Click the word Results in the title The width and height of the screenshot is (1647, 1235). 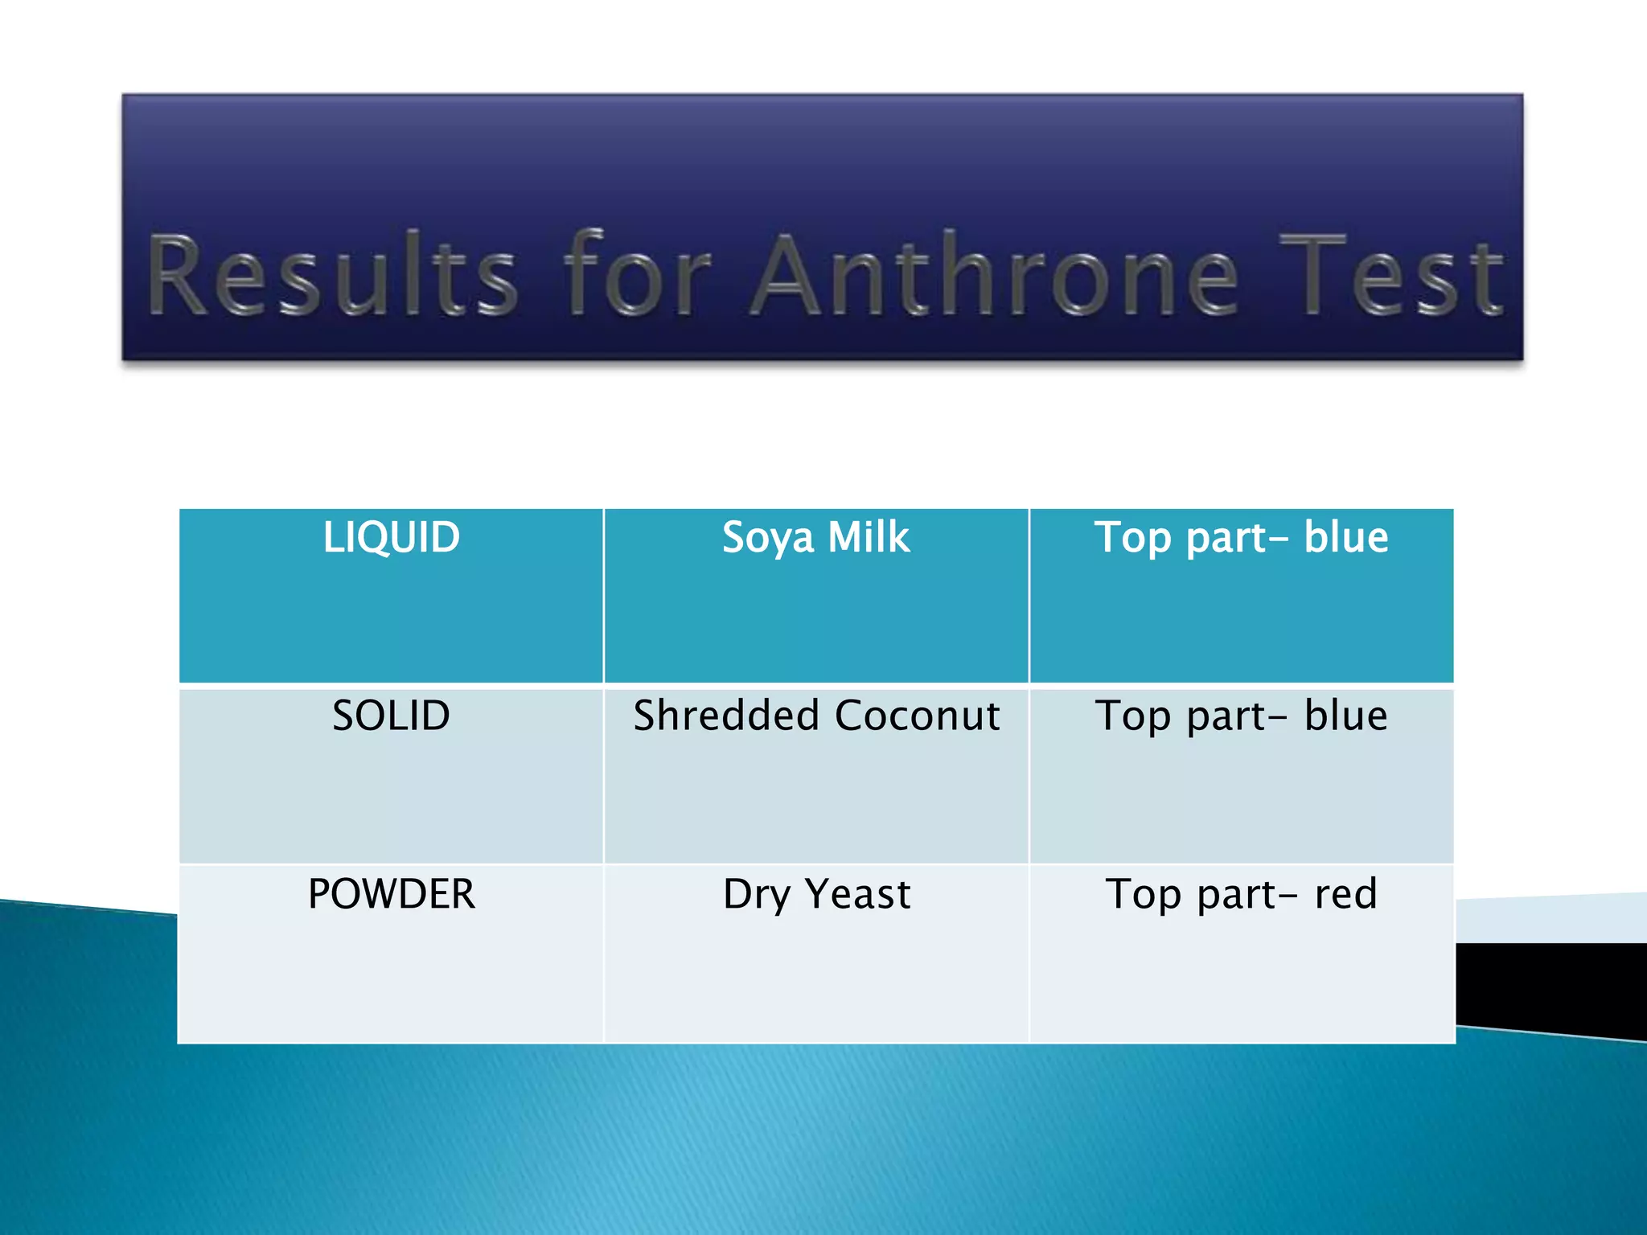pos(332,275)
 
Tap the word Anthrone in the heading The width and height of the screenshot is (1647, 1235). pos(995,275)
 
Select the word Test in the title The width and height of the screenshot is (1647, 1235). pos(1390,275)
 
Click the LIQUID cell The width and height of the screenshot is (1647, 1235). pos(391,538)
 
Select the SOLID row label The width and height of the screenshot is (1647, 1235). pos(391,716)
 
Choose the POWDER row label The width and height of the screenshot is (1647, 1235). pos(391,894)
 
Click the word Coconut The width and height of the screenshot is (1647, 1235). pos(918,716)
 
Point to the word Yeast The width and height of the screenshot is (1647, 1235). pos(858,894)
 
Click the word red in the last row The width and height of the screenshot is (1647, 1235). pos(1346,894)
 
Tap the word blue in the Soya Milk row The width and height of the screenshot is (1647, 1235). pos(1346,537)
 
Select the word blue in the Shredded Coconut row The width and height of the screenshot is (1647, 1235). pos(1346,716)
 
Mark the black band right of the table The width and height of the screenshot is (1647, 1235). pos(1552,985)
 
